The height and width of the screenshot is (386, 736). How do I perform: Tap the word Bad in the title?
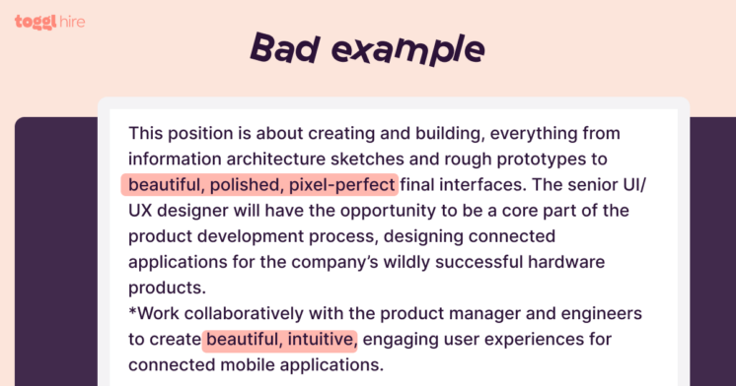pos(285,47)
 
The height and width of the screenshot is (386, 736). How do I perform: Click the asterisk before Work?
pos(132,312)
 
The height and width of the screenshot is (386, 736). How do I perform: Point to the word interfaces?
pos(484,185)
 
